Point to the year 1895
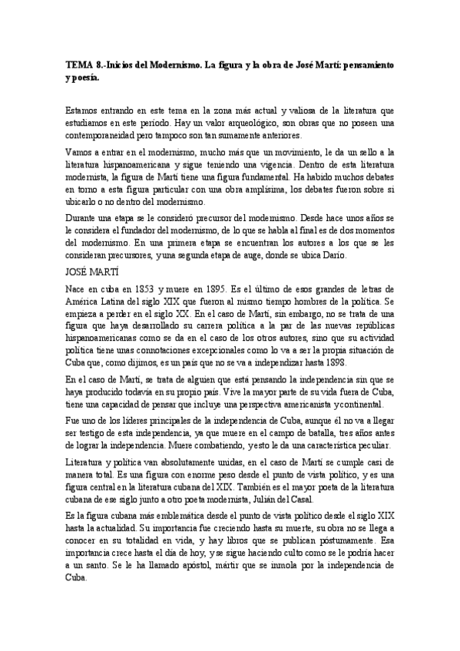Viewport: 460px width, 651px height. tap(228, 289)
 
